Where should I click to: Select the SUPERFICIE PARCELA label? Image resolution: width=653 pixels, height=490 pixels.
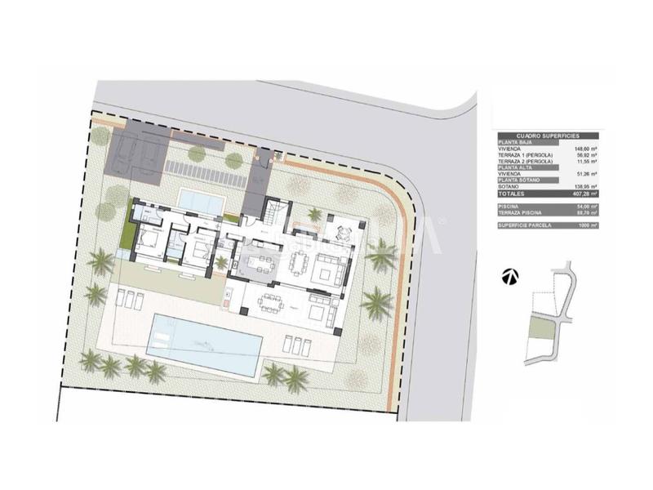coord(522,225)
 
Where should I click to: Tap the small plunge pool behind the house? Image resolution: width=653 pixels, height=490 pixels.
coord(202,199)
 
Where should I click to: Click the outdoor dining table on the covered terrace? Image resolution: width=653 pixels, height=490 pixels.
coord(270,303)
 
